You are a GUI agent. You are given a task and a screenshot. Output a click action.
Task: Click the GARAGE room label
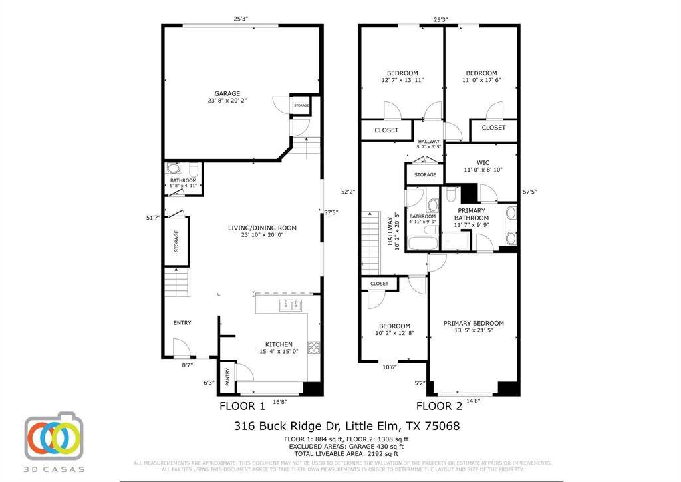click(227, 93)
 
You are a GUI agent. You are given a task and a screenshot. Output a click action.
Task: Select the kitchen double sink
click(290, 306)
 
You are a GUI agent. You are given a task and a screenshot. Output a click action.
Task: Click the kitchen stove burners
click(313, 346)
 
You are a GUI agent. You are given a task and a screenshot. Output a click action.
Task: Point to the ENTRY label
click(182, 323)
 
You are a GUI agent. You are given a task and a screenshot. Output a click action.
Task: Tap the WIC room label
click(483, 162)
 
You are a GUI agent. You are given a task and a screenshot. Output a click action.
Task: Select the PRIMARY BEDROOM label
click(474, 324)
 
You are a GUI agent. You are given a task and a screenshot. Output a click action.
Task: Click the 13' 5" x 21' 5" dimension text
click(474, 332)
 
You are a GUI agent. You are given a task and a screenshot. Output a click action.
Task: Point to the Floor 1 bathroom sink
click(172, 169)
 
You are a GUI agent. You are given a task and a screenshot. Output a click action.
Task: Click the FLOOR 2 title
click(439, 406)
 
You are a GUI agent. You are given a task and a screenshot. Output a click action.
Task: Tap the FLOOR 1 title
click(242, 406)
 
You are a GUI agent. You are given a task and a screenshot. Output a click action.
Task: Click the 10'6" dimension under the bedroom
click(390, 367)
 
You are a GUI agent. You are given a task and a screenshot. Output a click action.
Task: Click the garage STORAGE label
click(301, 106)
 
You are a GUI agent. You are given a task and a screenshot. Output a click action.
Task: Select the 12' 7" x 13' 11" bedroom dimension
click(402, 80)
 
